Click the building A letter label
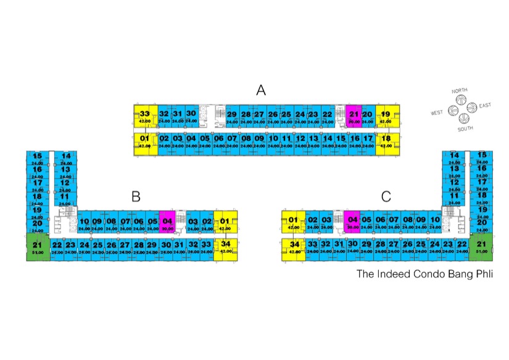261,91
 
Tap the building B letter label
136,197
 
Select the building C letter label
386,197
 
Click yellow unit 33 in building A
145,117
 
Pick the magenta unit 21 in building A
354,117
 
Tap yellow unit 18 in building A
386,141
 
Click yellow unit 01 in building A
145,141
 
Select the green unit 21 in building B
37,248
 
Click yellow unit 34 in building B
225,248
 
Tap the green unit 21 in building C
481,248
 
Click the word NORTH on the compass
459,91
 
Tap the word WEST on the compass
437,113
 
